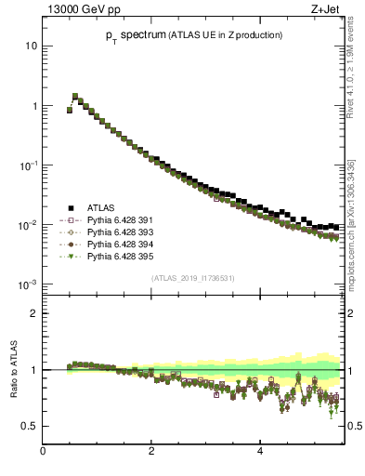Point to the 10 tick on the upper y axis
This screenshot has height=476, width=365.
click(31, 46)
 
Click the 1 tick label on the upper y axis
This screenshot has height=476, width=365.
click(33, 106)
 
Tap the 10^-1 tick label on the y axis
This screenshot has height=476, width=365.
click(28, 165)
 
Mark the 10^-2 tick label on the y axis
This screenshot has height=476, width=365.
click(28, 224)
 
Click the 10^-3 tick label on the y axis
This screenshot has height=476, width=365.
click(28, 284)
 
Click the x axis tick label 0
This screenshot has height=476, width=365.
click(43, 453)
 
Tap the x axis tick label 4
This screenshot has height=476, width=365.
click(260, 453)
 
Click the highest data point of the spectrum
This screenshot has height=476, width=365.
click(75, 96)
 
